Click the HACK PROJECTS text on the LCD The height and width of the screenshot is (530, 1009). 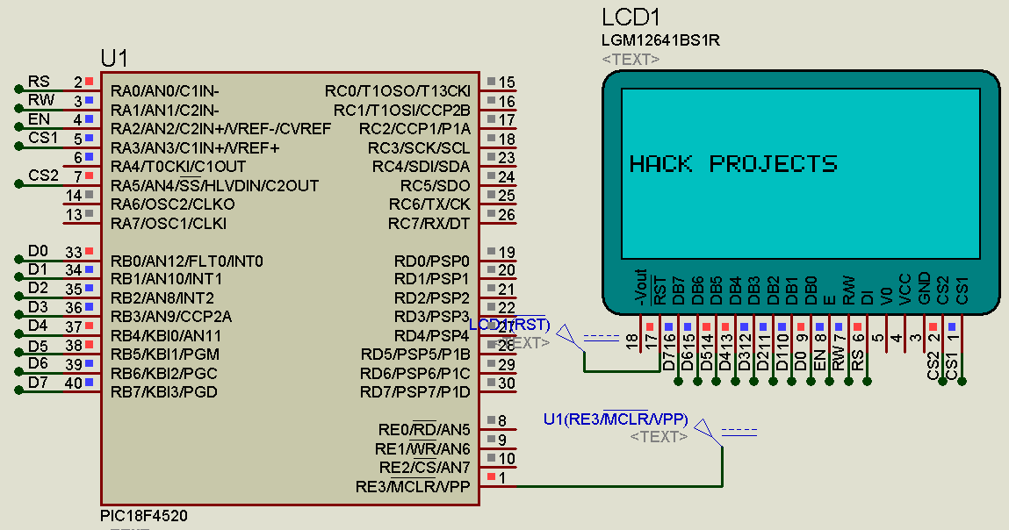tap(733, 164)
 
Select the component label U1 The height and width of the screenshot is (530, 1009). tap(114, 59)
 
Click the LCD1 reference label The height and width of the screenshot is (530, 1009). tap(631, 18)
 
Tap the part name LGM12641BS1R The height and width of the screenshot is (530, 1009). tap(661, 40)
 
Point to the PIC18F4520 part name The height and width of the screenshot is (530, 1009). tap(143, 516)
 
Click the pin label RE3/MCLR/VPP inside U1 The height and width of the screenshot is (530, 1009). tap(413, 486)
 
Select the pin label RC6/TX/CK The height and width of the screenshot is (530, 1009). tap(429, 204)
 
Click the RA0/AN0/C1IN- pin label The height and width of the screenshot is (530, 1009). tap(165, 91)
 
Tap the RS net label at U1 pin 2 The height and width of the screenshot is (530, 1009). tap(39, 82)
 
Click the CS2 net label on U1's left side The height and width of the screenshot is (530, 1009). tap(43, 175)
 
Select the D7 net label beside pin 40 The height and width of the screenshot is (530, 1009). tap(38, 383)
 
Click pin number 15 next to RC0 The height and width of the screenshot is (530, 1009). tap(507, 82)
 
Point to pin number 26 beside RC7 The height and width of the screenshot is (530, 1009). tap(507, 215)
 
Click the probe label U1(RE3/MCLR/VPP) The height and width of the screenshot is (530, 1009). tap(615, 419)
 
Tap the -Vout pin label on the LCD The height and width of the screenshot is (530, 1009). tap(640, 287)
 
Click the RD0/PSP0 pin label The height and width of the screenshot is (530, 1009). tap(432, 261)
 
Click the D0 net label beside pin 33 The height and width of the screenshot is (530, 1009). tap(38, 251)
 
